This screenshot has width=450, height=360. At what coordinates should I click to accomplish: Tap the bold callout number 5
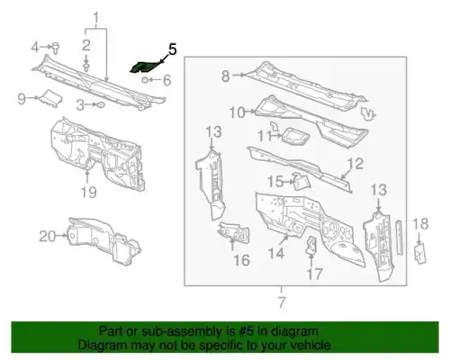(x=172, y=49)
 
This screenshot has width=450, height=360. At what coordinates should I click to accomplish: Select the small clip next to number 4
(x=56, y=48)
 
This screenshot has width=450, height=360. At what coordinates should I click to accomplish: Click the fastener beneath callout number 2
(x=86, y=67)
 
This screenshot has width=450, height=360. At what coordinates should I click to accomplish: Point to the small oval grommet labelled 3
(x=100, y=104)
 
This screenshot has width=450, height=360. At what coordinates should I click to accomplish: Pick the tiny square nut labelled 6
(x=145, y=80)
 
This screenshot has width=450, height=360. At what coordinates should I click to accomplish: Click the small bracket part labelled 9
(x=51, y=97)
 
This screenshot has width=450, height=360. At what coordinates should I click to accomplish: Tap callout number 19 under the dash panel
(x=89, y=192)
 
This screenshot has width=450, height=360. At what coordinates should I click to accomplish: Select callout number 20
(x=48, y=237)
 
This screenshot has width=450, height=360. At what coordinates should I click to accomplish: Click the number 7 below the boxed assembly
(x=281, y=302)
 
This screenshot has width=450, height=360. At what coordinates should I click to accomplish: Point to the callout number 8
(x=226, y=76)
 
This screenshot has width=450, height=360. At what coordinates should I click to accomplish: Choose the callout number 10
(x=237, y=112)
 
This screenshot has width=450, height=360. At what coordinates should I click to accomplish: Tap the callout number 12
(x=355, y=164)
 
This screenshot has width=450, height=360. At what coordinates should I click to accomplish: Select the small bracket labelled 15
(x=301, y=181)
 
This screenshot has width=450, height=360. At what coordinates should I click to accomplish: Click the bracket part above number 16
(x=234, y=231)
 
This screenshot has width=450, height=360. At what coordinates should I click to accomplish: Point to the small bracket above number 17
(x=311, y=245)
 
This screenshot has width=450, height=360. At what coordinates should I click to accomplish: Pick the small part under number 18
(x=419, y=254)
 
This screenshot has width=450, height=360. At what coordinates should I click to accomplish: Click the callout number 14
(x=276, y=254)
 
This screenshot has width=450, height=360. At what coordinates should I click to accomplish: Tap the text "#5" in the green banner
(x=247, y=331)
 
